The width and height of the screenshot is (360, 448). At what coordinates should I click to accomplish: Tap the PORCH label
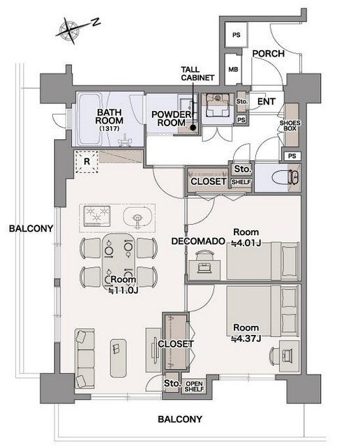tap(269, 54)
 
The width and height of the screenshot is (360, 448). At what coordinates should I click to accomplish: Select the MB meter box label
tap(233, 69)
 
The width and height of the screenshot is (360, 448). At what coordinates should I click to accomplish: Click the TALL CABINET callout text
tap(197, 74)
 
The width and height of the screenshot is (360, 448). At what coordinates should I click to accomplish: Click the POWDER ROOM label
tap(171, 119)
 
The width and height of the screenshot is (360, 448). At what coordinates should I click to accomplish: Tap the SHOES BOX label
tap(290, 126)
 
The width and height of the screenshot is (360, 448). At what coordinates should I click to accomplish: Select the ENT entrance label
tap(267, 101)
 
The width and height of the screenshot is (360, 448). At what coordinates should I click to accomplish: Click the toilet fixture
tap(286, 177)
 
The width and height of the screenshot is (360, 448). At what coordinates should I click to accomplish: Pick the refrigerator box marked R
tap(87, 162)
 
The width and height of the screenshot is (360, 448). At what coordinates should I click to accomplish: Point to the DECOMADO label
tap(198, 241)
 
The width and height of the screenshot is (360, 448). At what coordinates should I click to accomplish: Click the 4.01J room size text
tap(246, 243)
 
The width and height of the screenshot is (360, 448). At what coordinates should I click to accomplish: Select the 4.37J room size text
tap(246, 339)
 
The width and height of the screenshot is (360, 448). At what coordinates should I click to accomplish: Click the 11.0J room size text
tap(123, 291)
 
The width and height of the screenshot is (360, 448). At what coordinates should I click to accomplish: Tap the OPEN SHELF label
tap(194, 387)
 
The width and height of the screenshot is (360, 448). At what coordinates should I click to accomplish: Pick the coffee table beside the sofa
tap(119, 358)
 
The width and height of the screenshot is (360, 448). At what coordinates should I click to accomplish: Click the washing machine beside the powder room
tap(218, 105)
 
